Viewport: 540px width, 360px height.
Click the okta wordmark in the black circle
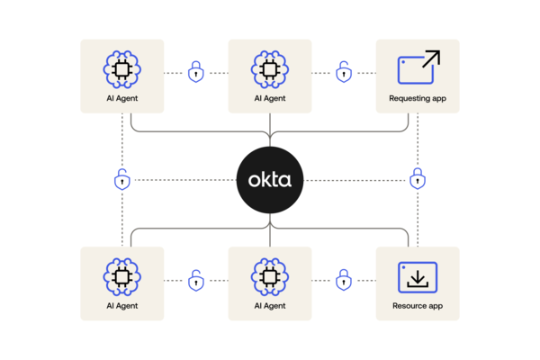[x=270, y=180]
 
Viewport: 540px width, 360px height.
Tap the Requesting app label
[x=418, y=98]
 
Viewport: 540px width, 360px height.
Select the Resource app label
[x=418, y=306]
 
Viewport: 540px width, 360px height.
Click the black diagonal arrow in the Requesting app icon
[x=431, y=58]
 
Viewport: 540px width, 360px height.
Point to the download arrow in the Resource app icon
[x=418, y=279]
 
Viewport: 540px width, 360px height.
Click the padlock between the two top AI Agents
[x=195, y=72]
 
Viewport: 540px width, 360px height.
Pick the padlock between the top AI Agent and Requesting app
[x=344, y=72]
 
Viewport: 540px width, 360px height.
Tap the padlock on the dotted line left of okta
[x=121, y=179]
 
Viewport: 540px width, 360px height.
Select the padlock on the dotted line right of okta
[x=418, y=178]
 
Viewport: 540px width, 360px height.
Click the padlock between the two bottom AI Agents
[x=196, y=281]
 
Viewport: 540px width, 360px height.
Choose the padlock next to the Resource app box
[x=344, y=280]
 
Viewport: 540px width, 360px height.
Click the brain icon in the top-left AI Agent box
[x=121, y=69]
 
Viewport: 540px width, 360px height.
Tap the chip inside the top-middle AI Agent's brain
[x=270, y=69]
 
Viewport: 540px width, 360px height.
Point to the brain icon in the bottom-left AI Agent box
[x=121, y=277]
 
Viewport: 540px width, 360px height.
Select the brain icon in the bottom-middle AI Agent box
[x=270, y=277]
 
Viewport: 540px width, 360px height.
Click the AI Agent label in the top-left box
[x=121, y=98]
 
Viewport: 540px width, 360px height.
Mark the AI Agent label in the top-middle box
[x=270, y=98]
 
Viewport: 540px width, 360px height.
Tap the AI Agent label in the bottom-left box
[x=121, y=306]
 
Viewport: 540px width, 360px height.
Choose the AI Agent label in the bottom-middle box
[x=270, y=306]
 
